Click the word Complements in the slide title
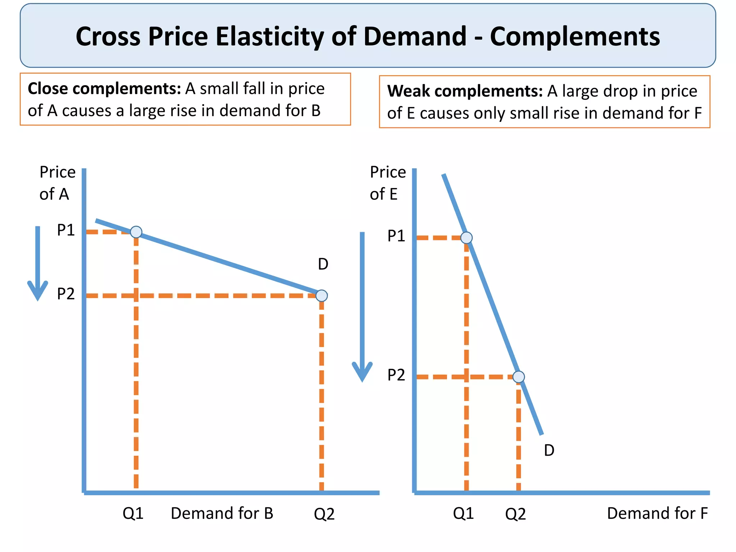(575, 37)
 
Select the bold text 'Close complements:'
(104, 89)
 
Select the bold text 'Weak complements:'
(465, 91)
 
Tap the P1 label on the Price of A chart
(66, 230)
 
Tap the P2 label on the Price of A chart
(66, 294)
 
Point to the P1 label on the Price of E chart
(396, 236)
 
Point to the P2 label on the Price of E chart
(396, 375)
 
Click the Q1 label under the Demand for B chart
(133, 514)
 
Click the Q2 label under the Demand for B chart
(324, 514)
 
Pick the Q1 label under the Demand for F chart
(463, 514)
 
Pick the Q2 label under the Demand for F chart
(515, 514)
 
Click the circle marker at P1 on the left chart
(136, 232)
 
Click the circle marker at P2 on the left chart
(322, 296)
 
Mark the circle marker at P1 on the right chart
(466, 238)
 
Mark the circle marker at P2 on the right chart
(519, 377)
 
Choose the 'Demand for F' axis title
(657, 514)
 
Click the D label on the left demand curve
(323, 264)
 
